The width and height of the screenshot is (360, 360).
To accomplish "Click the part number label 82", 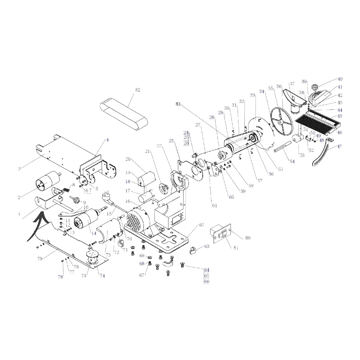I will (138, 90).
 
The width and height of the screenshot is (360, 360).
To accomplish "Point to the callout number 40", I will (340, 79).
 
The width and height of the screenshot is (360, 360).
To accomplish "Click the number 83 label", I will (178, 104).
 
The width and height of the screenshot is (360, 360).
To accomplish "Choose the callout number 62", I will (201, 224).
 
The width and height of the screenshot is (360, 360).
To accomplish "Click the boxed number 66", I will (206, 281).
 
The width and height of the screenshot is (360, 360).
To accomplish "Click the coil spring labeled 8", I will (67, 190).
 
